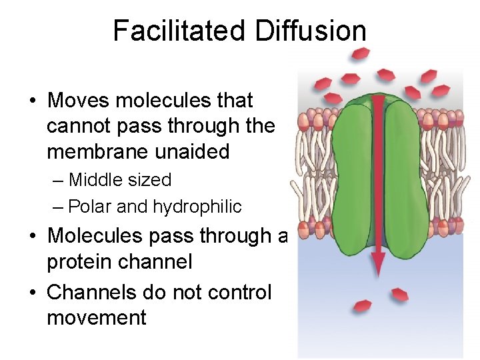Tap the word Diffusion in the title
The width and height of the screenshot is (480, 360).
coord(309,31)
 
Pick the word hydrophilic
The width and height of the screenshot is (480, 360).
coord(197,207)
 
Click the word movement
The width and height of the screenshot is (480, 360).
coord(97,317)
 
